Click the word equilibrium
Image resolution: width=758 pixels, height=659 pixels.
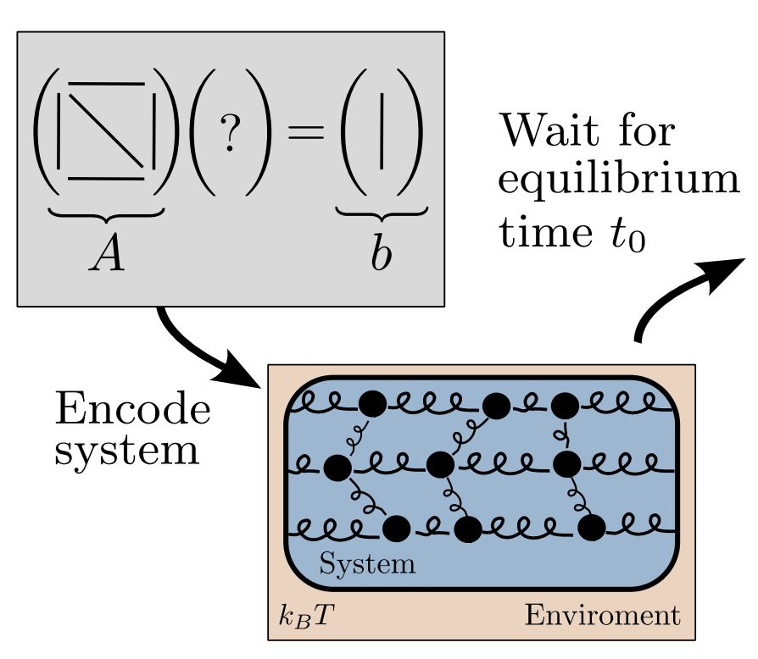pos(618,180)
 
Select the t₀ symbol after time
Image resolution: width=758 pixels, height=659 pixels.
pos(627,230)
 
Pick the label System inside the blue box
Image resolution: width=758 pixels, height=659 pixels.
pos(367,564)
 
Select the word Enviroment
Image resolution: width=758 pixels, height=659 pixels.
pos(602,616)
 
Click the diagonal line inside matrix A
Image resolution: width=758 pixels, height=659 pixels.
pos(106,130)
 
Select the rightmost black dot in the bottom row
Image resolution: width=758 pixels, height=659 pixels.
pos(592,528)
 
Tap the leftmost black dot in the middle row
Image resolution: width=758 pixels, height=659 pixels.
pos(337,467)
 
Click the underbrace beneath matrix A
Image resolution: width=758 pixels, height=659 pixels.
pos(107,214)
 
